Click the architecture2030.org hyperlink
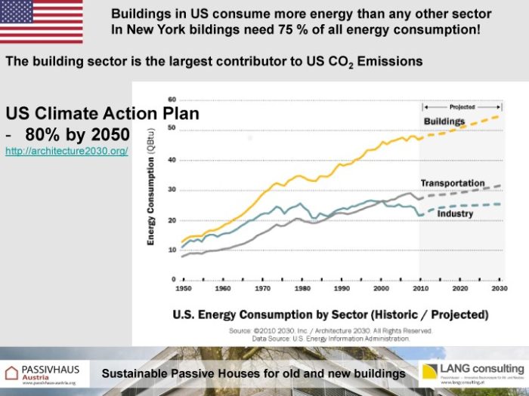[67, 152]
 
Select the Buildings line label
[444, 121]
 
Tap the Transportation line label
[453, 183]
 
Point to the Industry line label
[454, 213]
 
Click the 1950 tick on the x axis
[183, 289]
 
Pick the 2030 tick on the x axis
[499, 289]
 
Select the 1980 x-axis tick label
[302, 289]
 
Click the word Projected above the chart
[462, 108]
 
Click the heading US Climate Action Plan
[103, 114]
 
